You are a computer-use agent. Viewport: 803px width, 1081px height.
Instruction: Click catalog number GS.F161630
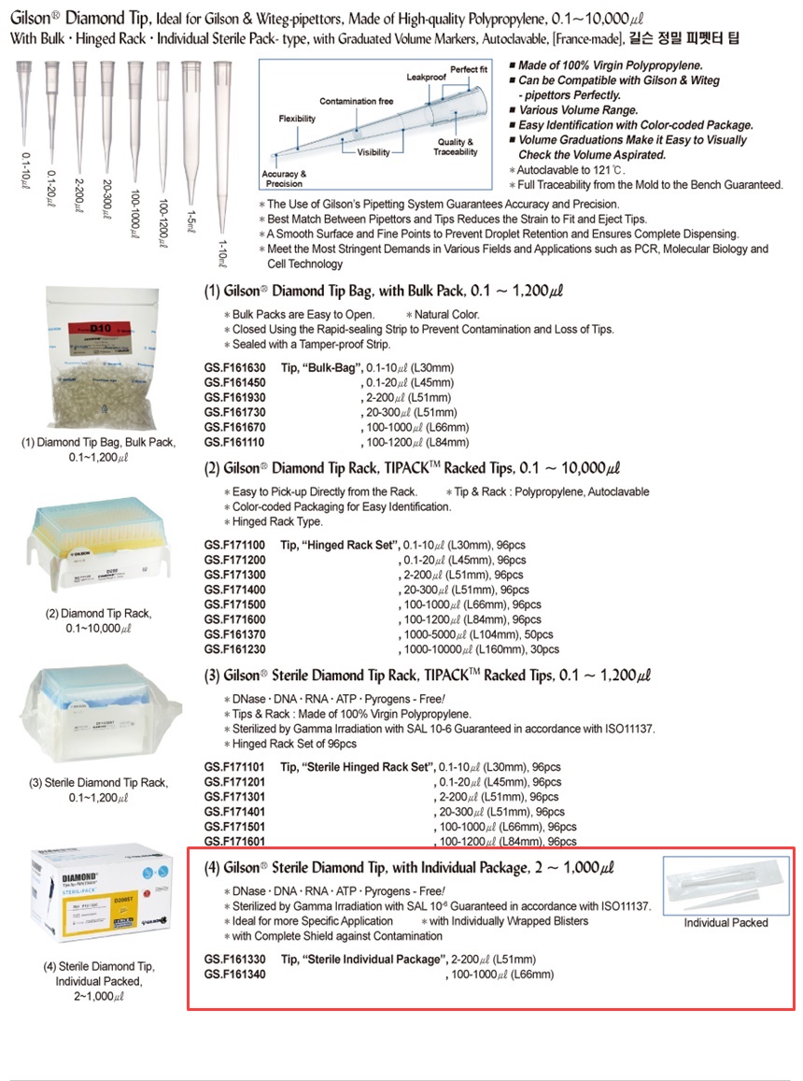pos(234,368)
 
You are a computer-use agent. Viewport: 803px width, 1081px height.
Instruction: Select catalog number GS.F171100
pos(234,545)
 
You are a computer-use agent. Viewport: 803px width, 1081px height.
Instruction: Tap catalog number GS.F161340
pos(234,974)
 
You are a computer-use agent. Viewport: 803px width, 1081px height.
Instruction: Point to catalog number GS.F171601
pos(234,842)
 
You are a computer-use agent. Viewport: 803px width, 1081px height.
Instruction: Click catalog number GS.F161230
pos(234,649)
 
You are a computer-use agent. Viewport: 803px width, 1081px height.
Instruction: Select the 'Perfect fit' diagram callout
pos(469,69)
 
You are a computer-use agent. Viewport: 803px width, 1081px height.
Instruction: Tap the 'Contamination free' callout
pos(355,101)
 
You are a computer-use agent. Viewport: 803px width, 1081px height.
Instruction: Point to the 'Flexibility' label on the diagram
pos(297,120)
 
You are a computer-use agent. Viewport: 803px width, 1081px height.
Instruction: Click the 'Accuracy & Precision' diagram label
pos(283,178)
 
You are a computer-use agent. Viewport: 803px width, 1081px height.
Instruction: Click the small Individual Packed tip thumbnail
pos(725,885)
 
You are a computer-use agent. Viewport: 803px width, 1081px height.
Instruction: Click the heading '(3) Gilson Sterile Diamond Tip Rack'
pos(427,676)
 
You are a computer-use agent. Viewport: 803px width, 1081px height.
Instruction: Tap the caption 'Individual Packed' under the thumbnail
pos(726,923)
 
